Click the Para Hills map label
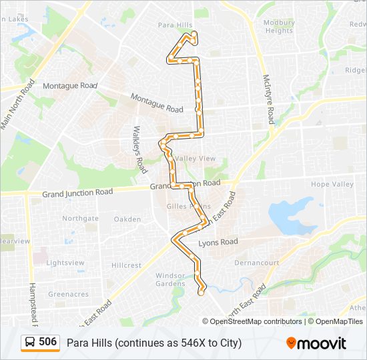[175, 25]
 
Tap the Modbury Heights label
[279, 27]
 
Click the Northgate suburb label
[80, 218]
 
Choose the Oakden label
[127, 219]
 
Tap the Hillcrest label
[127, 265]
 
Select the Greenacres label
[68, 294]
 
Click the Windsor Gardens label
[170, 280]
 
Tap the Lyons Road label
[218, 241]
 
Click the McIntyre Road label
[268, 99]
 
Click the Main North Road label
[17, 105]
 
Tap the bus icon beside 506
[30, 343]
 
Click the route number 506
[47, 342]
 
